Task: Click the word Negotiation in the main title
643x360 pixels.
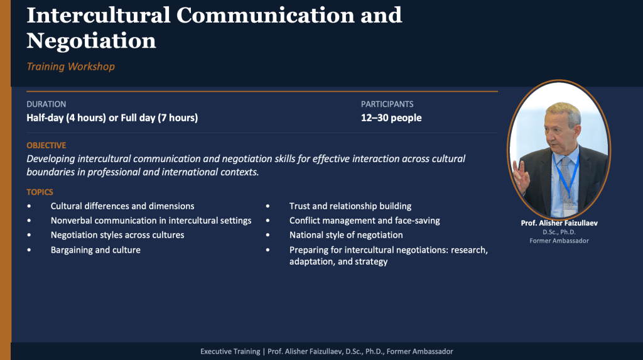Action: [x=92, y=41]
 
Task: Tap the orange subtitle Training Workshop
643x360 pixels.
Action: [x=70, y=67]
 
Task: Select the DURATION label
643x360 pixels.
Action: [x=46, y=104]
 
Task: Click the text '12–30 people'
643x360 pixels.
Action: [x=391, y=118]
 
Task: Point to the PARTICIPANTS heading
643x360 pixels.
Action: [x=387, y=104]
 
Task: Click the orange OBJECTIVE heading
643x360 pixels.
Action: [x=46, y=145]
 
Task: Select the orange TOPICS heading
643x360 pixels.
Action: [x=40, y=192]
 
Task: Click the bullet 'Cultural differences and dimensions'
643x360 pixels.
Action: [x=122, y=206]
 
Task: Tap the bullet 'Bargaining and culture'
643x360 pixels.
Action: [x=95, y=250]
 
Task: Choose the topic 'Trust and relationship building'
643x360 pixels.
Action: [x=350, y=206]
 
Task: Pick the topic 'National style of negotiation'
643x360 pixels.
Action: [x=346, y=235]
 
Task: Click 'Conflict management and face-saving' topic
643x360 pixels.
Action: [x=365, y=221]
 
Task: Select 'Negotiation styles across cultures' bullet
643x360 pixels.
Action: [x=117, y=235]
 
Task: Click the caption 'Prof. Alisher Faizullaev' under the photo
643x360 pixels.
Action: [x=559, y=223]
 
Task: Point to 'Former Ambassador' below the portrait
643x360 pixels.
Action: [x=559, y=241]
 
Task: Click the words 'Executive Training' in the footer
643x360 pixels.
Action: [x=230, y=351]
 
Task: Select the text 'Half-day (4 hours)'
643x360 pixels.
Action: [x=66, y=118]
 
